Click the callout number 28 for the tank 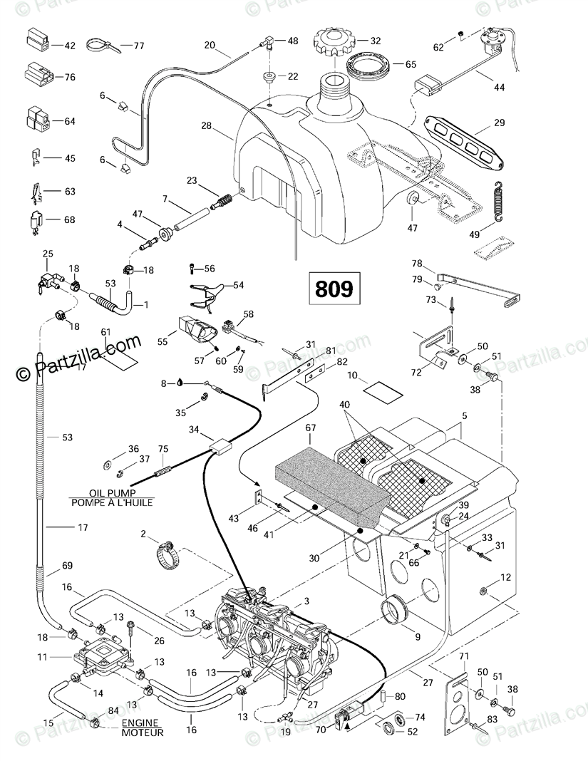coord(206,126)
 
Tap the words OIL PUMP coord(113,493)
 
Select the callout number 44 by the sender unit coord(498,88)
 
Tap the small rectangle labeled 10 coord(380,389)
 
